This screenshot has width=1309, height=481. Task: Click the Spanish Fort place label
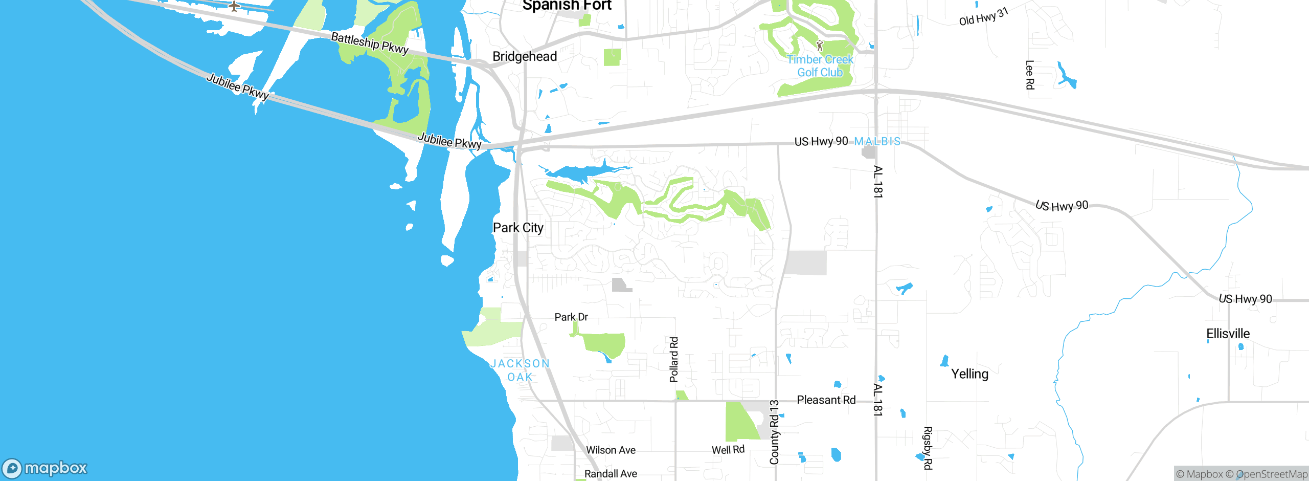[x=567, y=6]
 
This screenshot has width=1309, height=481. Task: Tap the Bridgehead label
[x=525, y=56]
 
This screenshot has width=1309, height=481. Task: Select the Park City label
[x=518, y=228]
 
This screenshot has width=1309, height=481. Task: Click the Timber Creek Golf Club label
[x=820, y=66]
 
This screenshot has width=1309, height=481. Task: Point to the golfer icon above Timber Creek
[x=820, y=46]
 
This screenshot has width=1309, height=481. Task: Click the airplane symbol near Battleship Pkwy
[x=234, y=6]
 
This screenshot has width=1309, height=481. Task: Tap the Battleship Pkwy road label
[x=370, y=43]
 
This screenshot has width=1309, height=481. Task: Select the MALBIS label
[x=877, y=141]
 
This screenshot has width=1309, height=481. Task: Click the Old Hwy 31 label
[x=983, y=17]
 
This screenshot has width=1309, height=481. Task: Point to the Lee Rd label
[x=1030, y=75]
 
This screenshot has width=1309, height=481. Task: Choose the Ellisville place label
[x=1228, y=334]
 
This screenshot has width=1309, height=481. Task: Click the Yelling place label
[x=969, y=374]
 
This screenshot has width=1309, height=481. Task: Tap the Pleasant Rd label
[x=826, y=400]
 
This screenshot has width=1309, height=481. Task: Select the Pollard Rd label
[x=674, y=359]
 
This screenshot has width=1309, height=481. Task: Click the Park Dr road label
[x=571, y=317]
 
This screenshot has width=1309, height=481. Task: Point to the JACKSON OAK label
[x=520, y=370]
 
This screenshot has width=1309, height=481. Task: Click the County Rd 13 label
[x=774, y=432]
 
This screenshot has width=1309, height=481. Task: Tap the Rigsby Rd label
[x=928, y=448]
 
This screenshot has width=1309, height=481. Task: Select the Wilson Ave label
[x=611, y=450]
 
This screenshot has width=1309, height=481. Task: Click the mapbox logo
[x=45, y=468]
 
